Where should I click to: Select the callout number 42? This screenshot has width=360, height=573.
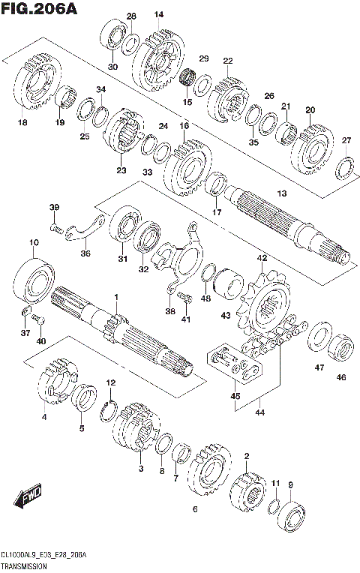(261, 258)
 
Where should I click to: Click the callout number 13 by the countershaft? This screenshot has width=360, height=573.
(281, 194)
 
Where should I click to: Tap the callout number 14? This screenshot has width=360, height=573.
(158, 15)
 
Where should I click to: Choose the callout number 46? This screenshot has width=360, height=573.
(341, 377)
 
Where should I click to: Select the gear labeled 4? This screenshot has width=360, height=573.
(56, 381)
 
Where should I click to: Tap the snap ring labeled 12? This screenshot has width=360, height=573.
(109, 409)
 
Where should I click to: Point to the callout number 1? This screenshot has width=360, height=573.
(116, 298)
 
